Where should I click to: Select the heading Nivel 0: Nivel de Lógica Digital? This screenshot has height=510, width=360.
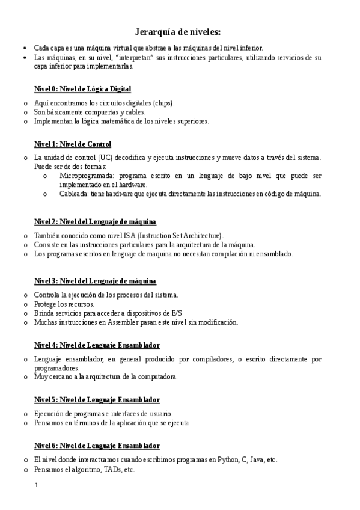click(x=82, y=89)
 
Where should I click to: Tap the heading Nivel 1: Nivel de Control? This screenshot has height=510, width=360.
click(x=73, y=144)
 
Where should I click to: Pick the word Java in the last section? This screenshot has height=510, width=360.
click(x=257, y=459)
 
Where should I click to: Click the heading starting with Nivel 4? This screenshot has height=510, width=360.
click(x=97, y=345)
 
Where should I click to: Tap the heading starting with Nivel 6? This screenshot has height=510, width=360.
click(x=97, y=446)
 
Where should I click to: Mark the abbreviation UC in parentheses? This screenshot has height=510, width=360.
click(x=106, y=158)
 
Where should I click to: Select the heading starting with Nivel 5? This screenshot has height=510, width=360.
click(x=97, y=399)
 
